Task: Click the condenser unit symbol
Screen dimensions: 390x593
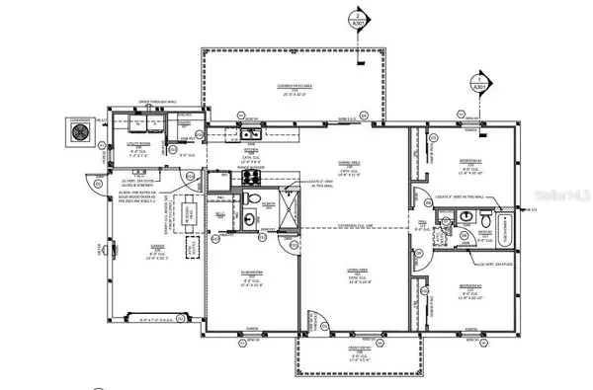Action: pos(78,129)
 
